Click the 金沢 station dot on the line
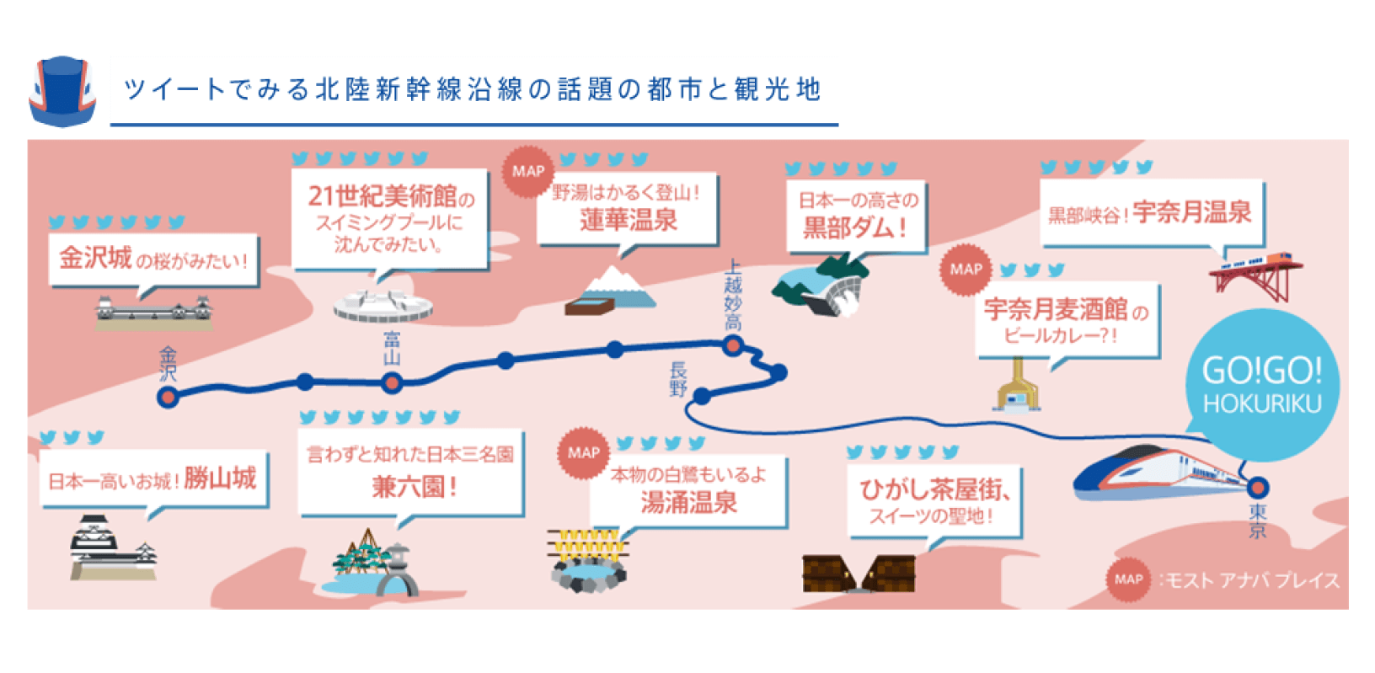coord(169,396)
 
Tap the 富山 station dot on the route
coord(392,384)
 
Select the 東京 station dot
coord(1257,487)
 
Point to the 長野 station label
coord(678,379)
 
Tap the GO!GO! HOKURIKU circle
coord(1261,385)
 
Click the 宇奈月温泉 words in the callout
coord(1191,212)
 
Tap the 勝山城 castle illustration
coord(113,548)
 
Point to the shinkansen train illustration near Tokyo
coord(1154,473)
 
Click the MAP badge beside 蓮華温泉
coord(528,171)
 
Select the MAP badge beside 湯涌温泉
coord(583,452)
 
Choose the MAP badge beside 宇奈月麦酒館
coord(966,270)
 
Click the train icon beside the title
coord(62,91)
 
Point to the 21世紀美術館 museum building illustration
coord(383,305)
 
